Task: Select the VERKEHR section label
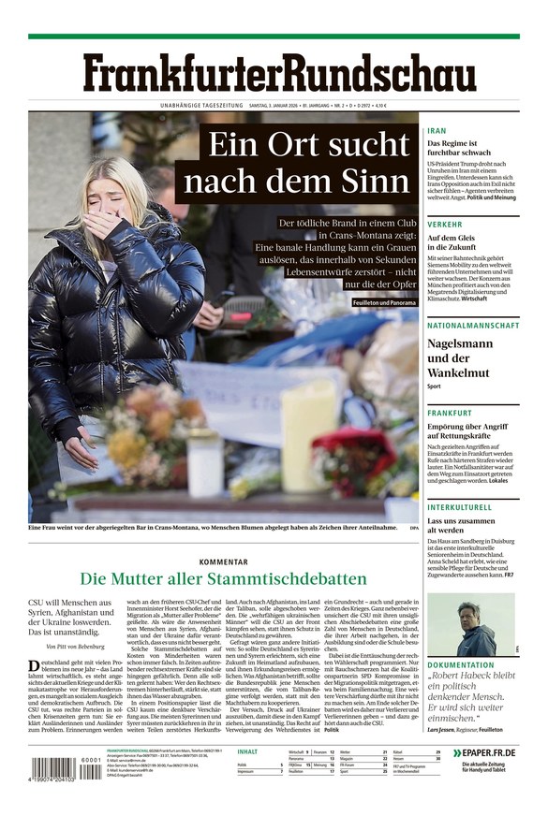[444, 225]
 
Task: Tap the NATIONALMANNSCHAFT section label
[472, 325]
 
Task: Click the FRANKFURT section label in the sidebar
[450, 413]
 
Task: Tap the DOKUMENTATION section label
[461, 665]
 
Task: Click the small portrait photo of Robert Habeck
[480, 624]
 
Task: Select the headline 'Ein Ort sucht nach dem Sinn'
[308, 164]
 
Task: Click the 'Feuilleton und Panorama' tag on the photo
[384, 303]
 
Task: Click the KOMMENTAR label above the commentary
[223, 561]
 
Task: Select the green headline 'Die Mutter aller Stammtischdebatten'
[223, 579]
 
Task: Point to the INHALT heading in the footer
[247, 751]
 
